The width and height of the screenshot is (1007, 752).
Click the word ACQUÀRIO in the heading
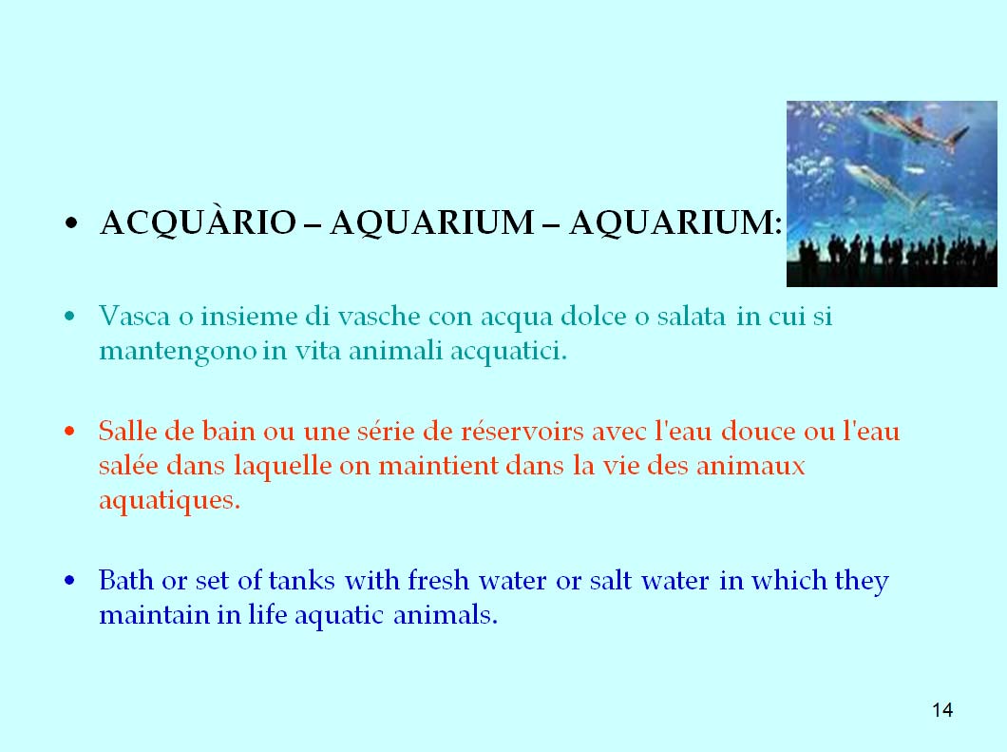tap(198, 222)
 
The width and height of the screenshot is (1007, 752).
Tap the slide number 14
tap(942, 709)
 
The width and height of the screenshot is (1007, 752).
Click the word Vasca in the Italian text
tap(135, 316)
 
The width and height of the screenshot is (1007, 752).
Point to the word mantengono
tap(178, 352)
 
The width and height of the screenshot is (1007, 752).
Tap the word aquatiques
tap(169, 501)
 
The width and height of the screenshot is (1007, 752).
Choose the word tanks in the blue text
tap(301, 580)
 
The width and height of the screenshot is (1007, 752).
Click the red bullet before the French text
tap(70, 431)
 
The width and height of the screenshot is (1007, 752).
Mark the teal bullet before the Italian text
tap(70, 316)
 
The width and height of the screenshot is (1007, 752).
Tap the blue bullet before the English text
tap(70, 580)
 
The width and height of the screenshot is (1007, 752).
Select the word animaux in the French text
tap(750, 465)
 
